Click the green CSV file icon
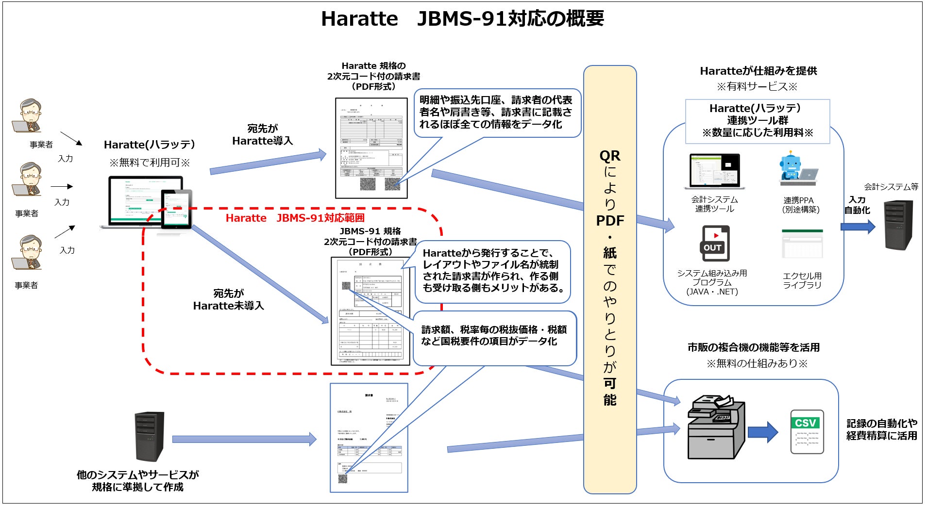807,431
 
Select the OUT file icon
714,243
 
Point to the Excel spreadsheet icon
802,244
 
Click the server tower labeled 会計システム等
898,225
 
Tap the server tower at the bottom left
149,436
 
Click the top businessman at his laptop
29,116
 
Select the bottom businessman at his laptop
28,253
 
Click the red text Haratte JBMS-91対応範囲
295,218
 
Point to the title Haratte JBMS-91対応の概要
462,19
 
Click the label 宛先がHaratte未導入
228,300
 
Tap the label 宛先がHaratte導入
262,135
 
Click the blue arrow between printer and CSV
763,432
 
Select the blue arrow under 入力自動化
858,227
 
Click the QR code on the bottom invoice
343,479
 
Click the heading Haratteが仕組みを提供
758,71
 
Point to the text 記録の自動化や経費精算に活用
881,429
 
